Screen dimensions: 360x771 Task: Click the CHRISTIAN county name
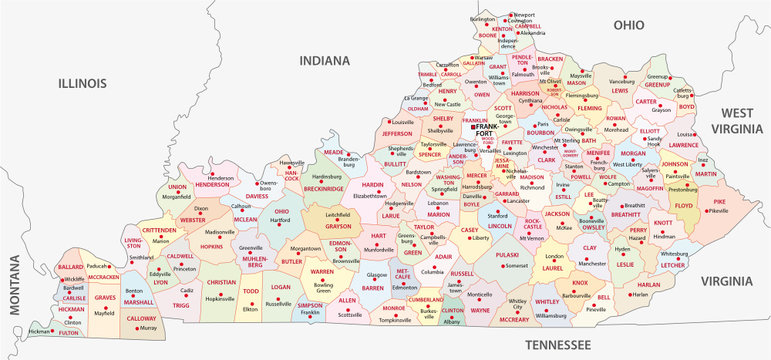tap(222, 283)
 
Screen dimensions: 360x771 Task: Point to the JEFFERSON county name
tap(397, 132)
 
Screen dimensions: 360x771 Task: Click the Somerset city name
tap(515, 266)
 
